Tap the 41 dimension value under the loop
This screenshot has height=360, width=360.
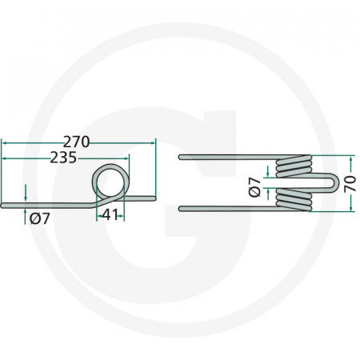[110, 214]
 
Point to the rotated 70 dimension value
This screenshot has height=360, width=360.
[349, 183]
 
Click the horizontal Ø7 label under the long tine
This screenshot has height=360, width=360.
[39, 218]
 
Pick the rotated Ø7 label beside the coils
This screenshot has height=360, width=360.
[254, 186]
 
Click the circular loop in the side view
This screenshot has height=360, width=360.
[110, 180]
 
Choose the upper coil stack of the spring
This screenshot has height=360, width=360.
[294, 167]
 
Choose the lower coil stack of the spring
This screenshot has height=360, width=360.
[294, 200]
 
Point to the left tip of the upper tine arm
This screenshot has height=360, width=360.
[182, 156]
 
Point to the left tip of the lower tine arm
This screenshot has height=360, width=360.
[182, 209]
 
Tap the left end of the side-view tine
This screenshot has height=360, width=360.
[4, 206]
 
